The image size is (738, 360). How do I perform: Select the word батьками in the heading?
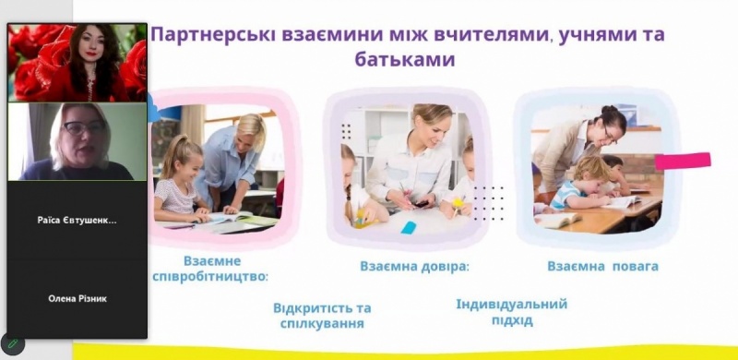click(404, 60)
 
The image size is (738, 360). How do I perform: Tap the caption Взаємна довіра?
click(414, 266)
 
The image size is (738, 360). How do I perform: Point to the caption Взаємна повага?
click(602, 266)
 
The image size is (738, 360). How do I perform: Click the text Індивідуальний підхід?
click(512, 312)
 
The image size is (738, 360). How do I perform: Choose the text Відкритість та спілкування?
click(322, 316)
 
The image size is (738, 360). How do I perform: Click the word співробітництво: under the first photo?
click(210, 277)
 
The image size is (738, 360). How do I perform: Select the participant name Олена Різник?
click(77, 299)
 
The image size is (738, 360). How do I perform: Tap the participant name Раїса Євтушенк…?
click(77, 221)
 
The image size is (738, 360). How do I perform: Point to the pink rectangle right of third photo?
click(683, 161)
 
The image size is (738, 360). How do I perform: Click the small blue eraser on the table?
click(408, 227)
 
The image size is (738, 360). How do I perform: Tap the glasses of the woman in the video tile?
click(84, 127)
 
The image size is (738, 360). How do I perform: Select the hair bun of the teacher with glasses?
click(609, 109)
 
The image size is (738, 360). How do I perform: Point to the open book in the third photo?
click(557, 219)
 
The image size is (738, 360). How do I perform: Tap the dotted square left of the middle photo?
click(346, 131)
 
